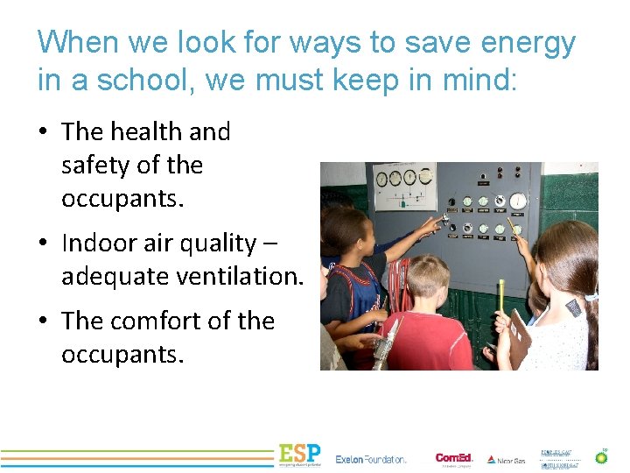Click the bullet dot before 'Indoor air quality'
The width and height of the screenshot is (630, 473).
click(42, 244)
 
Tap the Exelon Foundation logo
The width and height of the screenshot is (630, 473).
click(371, 459)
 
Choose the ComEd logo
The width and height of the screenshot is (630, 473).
click(454, 458)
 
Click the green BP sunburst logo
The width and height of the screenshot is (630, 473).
click(602, 456)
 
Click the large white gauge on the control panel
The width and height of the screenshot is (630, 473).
click(519, 201)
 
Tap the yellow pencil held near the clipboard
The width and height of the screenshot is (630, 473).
click(500, 298)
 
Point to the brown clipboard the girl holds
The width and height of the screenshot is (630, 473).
click(520, 337)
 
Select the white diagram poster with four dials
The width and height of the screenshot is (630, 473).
click(404, 185)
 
